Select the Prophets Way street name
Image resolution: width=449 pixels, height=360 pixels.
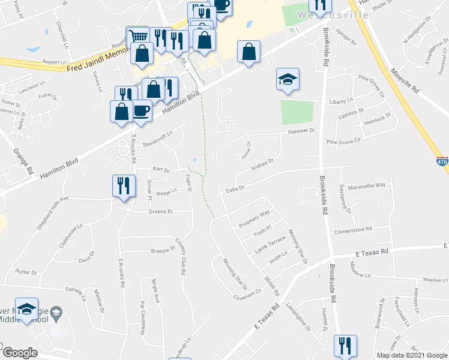pyautogui.click(x=254, y=219)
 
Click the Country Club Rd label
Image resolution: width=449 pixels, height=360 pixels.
pyautogui.click(x=179, y=257)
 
